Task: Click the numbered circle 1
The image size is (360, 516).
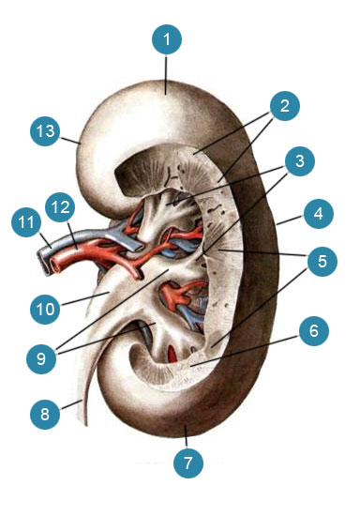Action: (167, 39)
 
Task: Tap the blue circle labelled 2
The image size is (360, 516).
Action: (285, 106)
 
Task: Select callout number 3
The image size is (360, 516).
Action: (300, 161)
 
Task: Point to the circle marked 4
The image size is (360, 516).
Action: (319, 214)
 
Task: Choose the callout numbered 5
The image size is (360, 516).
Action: (322, 261)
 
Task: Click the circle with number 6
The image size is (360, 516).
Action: (314, 330)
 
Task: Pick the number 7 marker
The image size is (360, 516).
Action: (188, 463)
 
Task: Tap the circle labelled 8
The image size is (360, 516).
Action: (45, 414)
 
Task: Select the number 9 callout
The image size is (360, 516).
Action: (41, 358)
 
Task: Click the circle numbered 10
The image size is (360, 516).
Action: (45, 310)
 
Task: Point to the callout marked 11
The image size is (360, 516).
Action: (26, 222)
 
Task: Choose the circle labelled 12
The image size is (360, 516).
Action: (60, 207)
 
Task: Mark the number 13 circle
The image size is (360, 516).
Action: (45, 131)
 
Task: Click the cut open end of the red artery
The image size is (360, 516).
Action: (54, 266)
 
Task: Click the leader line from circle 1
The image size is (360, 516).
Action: (166, 75)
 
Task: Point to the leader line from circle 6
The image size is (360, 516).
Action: (246, 351)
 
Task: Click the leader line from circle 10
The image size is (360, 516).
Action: (84, 298)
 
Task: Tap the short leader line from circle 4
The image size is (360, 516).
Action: (290, 220)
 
